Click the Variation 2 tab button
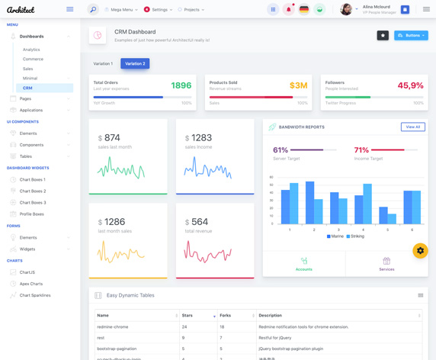[135, 63]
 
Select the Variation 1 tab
[103, 63]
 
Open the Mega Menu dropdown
[121, 10]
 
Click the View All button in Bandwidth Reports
[412, 127]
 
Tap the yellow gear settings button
[420, 250]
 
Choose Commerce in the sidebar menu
[33, 59]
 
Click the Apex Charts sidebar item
[31, 284]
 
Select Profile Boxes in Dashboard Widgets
[32, 214]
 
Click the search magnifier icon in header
[93, 10]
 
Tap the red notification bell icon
[288, 10]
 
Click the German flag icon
[304, 10]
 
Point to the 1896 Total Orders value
[181, 85]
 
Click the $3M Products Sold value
[298, 85]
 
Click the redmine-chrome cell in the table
[113, 326]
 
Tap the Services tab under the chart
[386, 264]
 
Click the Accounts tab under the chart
[304, 264]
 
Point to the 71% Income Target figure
[361, 150]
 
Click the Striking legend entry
[355, 236]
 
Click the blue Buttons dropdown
[411, 35]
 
